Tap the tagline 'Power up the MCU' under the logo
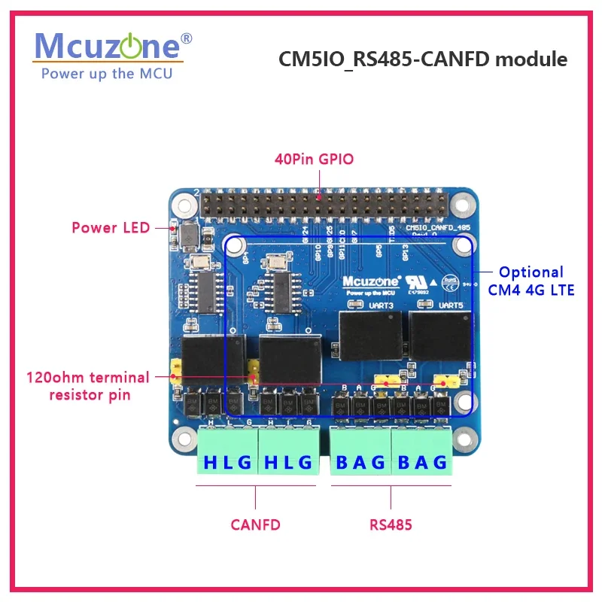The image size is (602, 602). [107, 73]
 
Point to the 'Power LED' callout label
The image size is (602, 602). [111, 227]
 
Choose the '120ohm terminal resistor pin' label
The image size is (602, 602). [88, 385]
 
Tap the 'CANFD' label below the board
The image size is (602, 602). [255, 524]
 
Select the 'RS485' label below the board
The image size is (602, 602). [391, 524]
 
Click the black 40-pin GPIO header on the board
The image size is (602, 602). [319, 203]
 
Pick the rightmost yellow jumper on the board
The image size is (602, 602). [449, 381]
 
